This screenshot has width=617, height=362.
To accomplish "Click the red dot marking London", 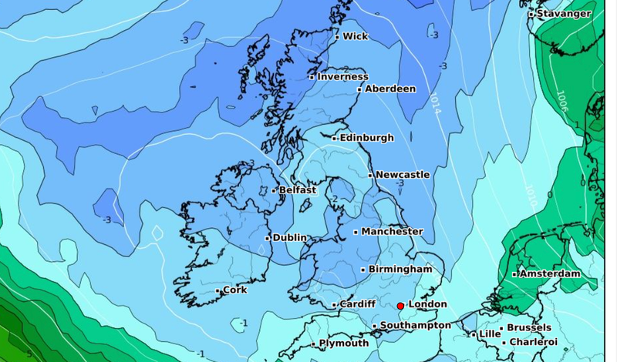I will [400, 306].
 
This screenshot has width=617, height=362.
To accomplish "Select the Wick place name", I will [355, 36].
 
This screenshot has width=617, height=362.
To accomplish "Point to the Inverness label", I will [342, 76].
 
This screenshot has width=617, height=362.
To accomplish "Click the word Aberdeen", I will [389, 89].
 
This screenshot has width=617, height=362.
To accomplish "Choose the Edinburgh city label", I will [367, 138].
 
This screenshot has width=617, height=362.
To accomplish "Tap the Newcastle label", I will [403, 175].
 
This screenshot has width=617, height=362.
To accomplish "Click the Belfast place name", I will [298, 189].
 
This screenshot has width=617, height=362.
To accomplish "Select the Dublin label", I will [290, 238].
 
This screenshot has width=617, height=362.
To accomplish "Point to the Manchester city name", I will [393, 231].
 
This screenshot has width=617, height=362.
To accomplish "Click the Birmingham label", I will [400, 269].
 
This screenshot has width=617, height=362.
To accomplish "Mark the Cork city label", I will [234, 290].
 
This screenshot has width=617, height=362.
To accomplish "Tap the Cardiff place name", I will [358, 304].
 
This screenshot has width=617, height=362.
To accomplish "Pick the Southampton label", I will [416, 326].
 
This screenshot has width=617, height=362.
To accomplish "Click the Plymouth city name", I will [343, 344].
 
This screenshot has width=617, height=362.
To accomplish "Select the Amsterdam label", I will [549, 273].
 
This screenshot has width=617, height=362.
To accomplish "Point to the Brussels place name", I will [528, 328].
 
